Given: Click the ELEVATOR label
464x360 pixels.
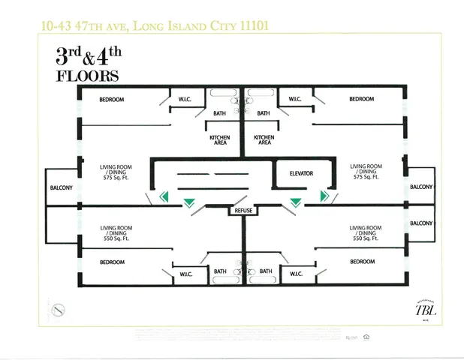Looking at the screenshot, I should (x=301, y=173).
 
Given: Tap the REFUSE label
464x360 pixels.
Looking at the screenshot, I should (x=243, y=211).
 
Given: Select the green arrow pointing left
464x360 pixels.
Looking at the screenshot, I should (x=164, y=197).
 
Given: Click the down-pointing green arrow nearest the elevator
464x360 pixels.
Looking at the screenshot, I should (x=296, y=202).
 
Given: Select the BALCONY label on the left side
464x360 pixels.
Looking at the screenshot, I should (x=61, y=187).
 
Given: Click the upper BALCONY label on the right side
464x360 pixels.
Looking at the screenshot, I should (x=421, y=187).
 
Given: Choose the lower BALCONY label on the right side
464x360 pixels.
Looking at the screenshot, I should (x=421, y=223).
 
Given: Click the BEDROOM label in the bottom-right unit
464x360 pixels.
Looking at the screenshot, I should (x=361, y=261).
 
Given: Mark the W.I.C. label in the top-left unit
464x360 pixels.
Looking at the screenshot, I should (x=185, y=99).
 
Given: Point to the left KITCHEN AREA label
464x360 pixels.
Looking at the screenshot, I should (x=219, y=139).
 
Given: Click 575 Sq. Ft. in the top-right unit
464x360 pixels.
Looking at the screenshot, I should (x=366, y=177).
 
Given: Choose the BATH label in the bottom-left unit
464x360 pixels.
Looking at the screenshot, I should (x=220, y=271).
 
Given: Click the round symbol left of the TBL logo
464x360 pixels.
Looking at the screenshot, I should (x=58, y=309).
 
